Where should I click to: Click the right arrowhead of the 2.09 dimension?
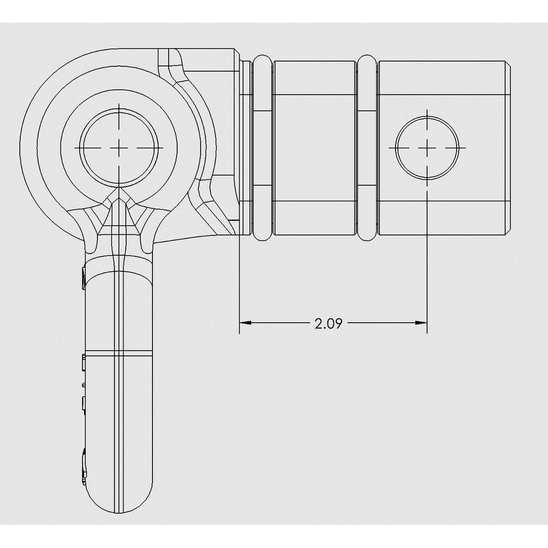coord(421,323)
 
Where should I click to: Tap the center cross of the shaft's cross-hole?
coord(427,147)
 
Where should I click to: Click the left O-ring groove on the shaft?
coord(262,147)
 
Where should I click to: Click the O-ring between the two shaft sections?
coord(367,147)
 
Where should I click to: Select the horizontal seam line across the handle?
coord(119,353)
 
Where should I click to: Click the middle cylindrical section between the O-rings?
coord(314,147)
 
